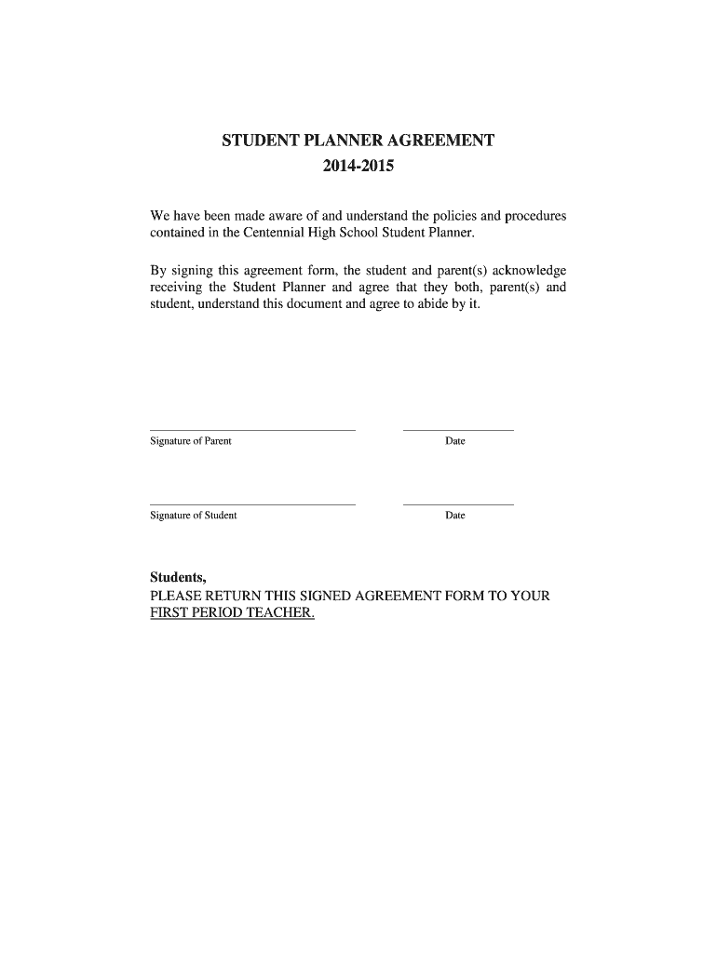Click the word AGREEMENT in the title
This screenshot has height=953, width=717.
(434, 141)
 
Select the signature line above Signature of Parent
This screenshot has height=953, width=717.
(252, 430)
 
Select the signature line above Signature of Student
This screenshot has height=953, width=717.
(252, 504)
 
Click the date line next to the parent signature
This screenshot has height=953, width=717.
(457, 430)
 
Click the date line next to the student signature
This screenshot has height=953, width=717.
(457, 504)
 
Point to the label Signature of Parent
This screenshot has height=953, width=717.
(191, 441)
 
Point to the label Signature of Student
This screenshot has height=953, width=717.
(194, 516)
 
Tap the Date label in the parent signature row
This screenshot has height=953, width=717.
(454, 441)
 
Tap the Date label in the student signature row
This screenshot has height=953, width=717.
(454, 516)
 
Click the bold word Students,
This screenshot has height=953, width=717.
(178, 577)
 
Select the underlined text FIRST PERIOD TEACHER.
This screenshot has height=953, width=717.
(233, 613)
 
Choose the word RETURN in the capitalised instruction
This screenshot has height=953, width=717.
(229, 596)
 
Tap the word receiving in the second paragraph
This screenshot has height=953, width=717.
(175, 288)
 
